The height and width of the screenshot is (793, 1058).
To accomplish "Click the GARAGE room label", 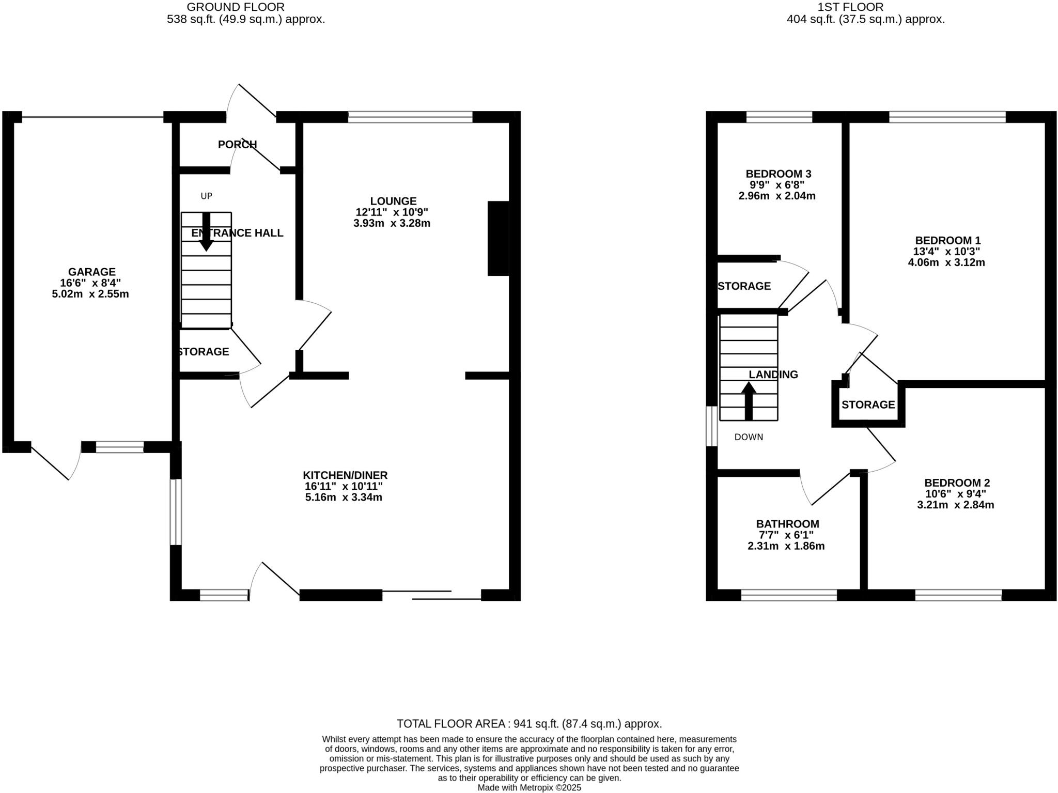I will click(91, 272).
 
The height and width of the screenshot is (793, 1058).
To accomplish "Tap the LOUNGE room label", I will click(393, 201).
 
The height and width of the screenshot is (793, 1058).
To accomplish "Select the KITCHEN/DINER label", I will click(345, 475).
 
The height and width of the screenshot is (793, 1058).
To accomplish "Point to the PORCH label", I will click(237, 145).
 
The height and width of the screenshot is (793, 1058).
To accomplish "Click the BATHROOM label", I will click(787, 524).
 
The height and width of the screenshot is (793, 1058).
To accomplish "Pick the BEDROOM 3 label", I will click(781, 174).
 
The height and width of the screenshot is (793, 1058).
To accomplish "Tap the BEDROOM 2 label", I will click(957, 483).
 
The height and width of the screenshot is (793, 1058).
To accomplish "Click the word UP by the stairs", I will click(206, 196).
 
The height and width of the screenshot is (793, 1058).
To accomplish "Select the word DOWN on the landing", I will click(749, 437).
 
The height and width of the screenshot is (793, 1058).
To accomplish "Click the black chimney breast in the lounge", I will click(498, 238).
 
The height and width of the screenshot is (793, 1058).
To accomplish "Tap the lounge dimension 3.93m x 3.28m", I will click(392, 223).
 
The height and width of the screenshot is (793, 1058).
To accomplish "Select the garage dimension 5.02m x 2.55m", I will click(90, 294).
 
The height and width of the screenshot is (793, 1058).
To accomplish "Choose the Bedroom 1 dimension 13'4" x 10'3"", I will click(946, 252).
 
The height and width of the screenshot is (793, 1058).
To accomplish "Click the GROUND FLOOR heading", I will click(235, 7).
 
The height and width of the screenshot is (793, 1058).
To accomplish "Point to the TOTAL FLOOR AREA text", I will click(529, 724).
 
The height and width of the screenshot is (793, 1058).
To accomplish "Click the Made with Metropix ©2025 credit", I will click(529, 788).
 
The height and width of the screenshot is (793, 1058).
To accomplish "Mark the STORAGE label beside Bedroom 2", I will click(868, 405).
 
